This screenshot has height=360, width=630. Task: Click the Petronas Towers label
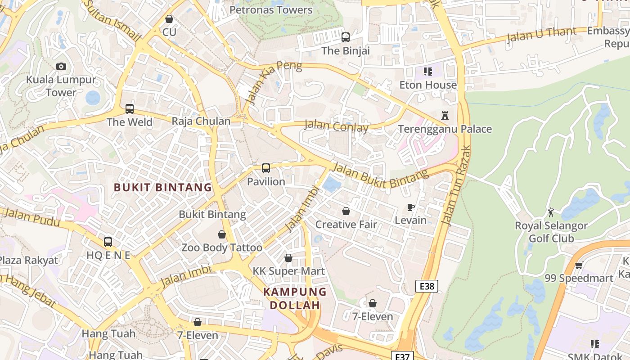271,10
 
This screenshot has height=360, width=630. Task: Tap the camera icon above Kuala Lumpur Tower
61,66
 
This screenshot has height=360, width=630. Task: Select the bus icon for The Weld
130,108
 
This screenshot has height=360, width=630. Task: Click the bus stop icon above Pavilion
266,168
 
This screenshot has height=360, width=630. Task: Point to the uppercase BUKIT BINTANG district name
162,187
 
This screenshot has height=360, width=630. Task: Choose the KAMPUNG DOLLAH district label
295,298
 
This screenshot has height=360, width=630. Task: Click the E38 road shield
427,286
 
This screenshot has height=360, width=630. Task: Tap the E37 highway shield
402,356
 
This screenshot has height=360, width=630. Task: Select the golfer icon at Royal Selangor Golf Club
551,212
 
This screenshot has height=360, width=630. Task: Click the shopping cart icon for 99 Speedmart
579,265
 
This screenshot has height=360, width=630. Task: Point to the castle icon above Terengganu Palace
445,116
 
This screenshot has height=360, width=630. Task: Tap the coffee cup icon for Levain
410,207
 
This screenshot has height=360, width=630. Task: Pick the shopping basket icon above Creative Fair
346,211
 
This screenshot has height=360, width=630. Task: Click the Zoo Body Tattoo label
221,247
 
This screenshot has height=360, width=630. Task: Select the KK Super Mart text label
288,271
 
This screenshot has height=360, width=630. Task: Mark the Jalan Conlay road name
337,126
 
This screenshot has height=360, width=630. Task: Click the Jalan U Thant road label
541,35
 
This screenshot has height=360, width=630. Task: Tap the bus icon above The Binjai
346,37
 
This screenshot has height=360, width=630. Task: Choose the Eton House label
428,85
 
